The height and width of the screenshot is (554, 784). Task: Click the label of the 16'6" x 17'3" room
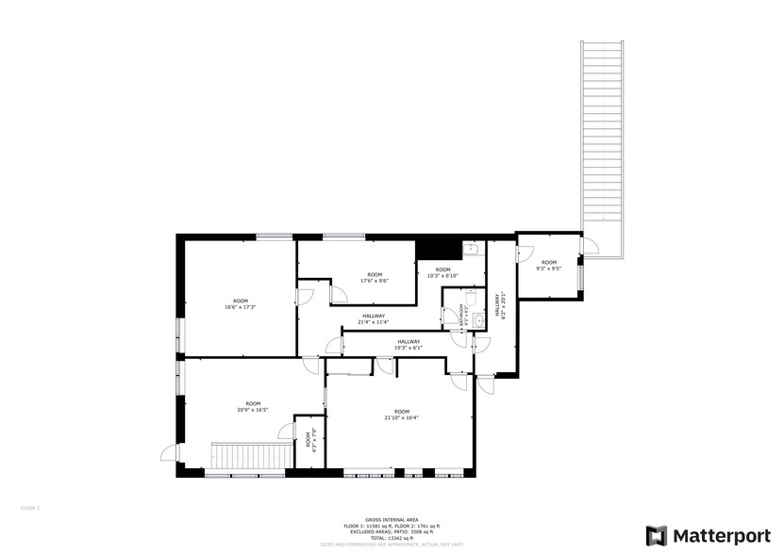click(241, 303)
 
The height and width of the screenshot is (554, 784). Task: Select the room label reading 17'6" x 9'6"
click(375, 277)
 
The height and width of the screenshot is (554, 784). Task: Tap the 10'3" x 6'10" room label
click(442, 273)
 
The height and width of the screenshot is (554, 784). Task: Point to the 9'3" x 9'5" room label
click(548, 265)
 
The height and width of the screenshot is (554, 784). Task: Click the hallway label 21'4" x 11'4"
click(374, 318)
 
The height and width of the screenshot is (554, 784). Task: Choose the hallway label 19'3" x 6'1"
click(409, 345)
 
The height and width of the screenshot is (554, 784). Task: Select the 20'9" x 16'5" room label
click(253, 406)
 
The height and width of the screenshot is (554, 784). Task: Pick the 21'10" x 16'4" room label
click(402, 414)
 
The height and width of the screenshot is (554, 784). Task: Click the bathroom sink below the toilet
click(480, 320)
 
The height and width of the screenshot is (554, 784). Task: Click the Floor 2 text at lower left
click(30, 508)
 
